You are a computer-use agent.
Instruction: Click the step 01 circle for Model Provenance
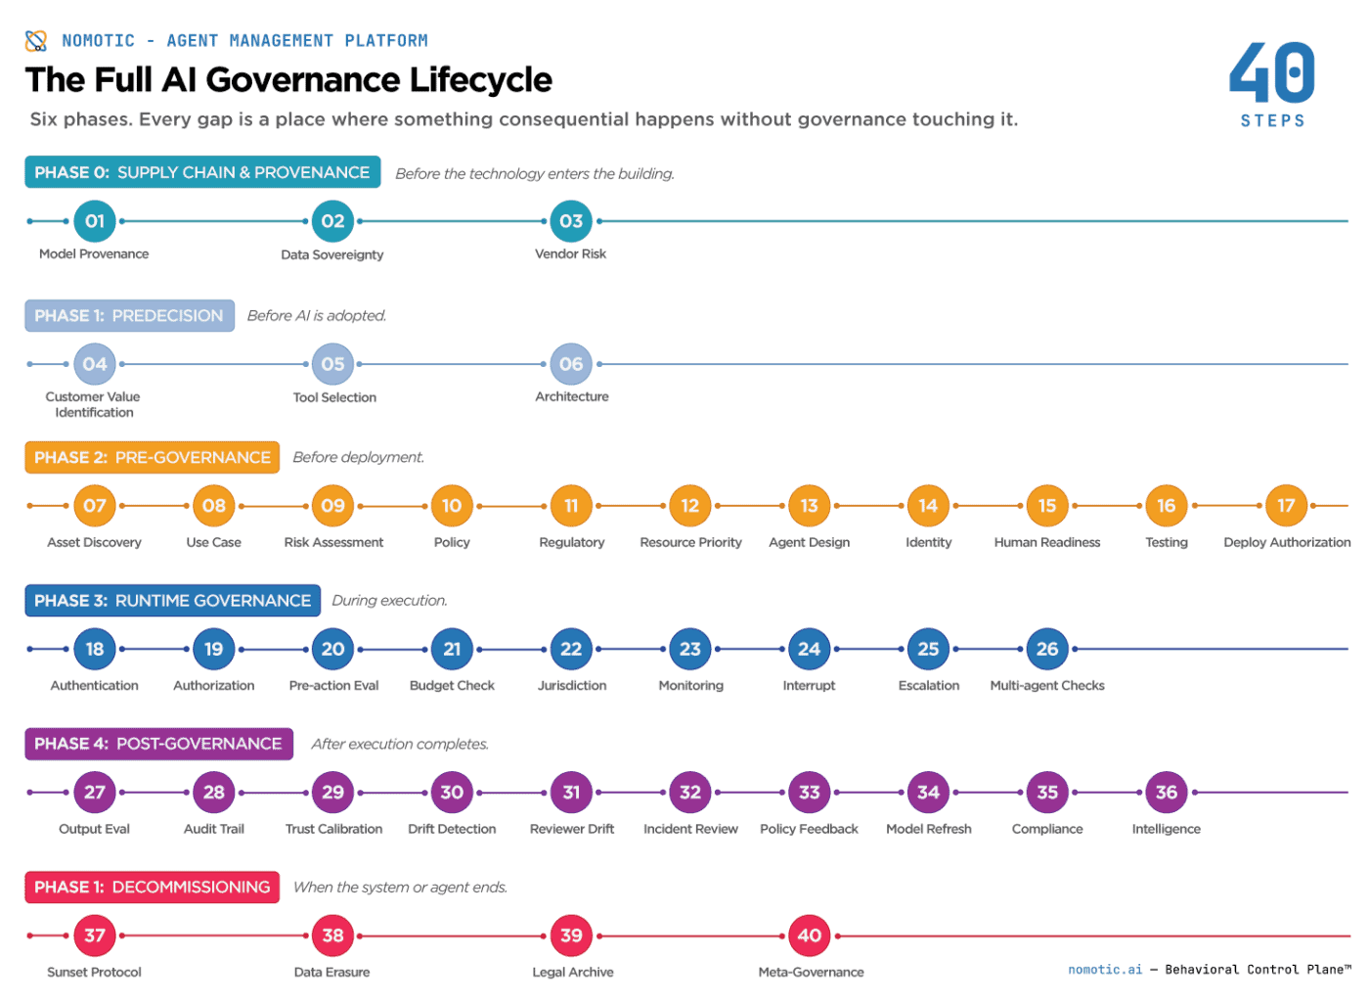95,221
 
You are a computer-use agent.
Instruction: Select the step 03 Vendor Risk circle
571,221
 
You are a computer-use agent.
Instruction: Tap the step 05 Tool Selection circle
332,364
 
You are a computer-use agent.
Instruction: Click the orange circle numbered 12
690,506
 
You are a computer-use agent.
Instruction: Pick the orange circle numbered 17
1286,506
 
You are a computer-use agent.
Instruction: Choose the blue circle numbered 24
809,649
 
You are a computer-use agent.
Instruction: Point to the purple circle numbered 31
571,793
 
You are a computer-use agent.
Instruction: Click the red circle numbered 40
809,936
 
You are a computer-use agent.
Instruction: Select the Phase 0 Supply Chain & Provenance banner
202,172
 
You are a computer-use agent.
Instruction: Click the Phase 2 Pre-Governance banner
152,457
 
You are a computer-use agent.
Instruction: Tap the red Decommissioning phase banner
152,888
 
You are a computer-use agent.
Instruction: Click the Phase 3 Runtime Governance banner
172,601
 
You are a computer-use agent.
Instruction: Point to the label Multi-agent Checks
1047,686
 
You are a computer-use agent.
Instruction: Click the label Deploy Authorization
1287,542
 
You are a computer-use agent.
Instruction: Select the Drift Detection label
452,829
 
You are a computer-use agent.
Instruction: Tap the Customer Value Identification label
94,404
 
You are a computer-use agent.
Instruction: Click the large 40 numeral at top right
1272,73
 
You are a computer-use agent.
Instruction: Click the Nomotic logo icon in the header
36,40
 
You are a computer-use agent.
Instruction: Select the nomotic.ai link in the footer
1105,970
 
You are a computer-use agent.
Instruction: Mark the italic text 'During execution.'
389,601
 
